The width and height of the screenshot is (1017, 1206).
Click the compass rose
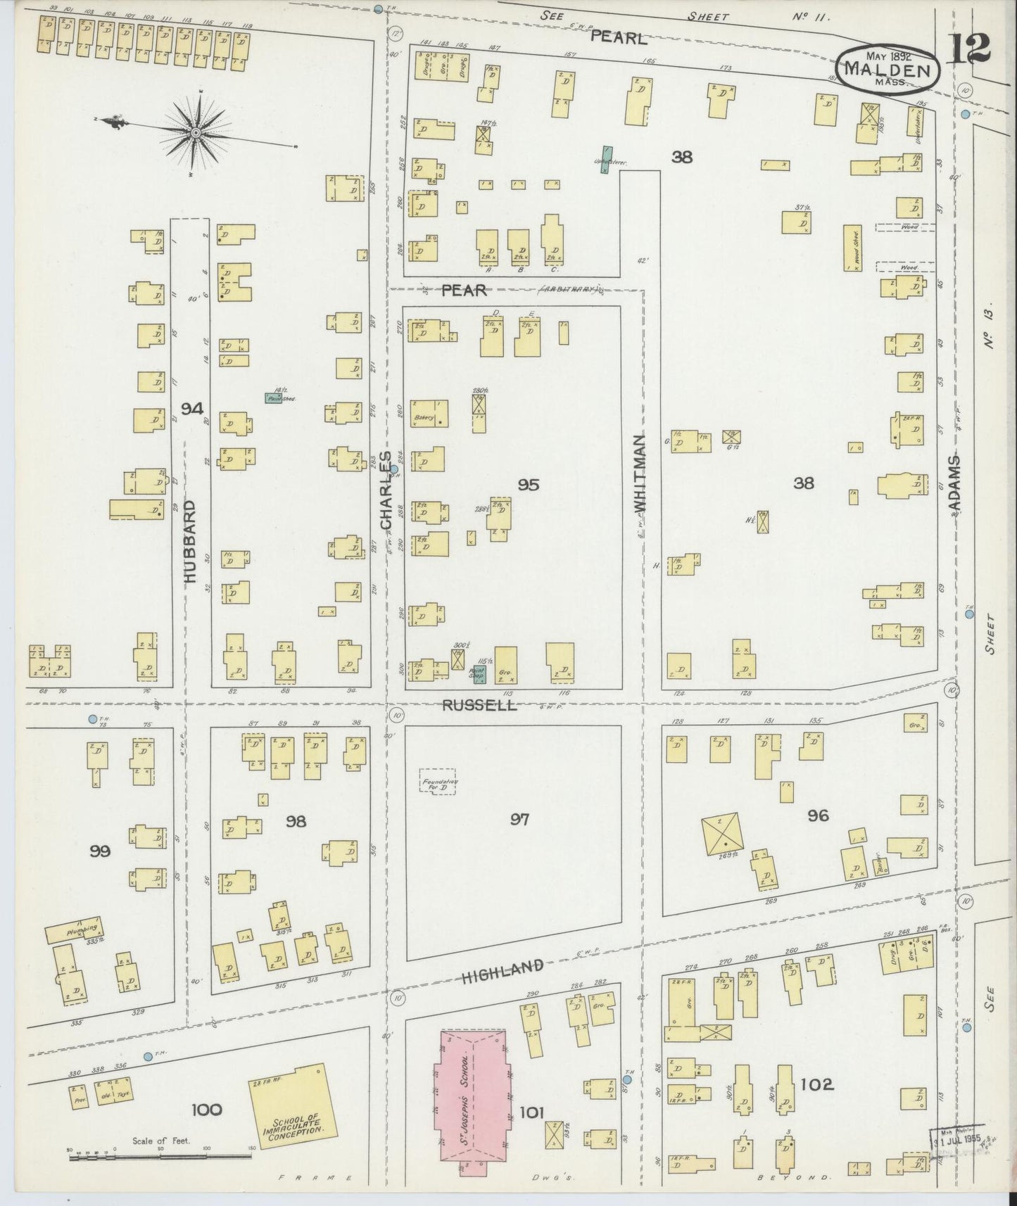196,132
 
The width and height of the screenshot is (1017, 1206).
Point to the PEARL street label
618,39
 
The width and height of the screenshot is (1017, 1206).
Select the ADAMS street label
955,482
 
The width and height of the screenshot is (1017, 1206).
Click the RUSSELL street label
479,704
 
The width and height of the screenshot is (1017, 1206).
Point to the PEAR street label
464,290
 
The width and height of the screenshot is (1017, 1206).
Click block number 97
519,819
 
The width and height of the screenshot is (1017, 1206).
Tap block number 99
101,851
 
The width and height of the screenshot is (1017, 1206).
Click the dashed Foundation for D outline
438,782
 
